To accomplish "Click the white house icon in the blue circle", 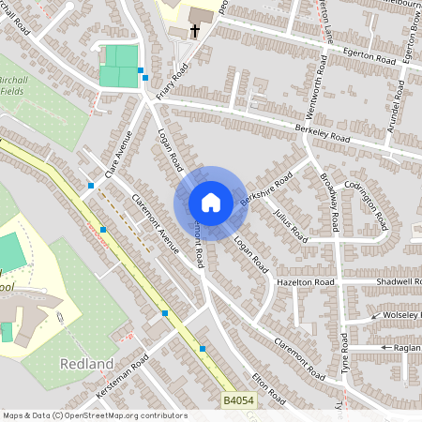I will tap(211, 203).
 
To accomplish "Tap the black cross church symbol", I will tap(195, 32).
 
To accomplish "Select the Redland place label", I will tap(86, 363).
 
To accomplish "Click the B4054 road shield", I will tap(238, 400).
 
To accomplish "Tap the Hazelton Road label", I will tap(306, 281).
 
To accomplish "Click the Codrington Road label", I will tap(367, 204).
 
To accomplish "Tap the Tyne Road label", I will tap(344, 354).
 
